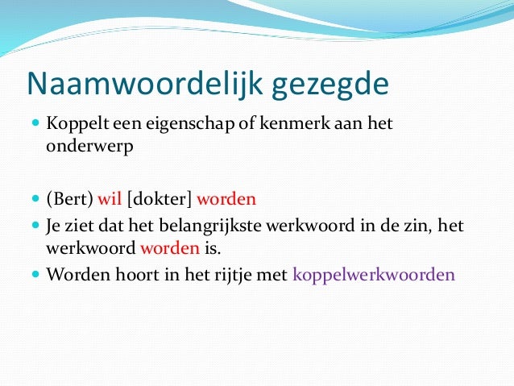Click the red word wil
[110, 199]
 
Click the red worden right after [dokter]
[226, 199]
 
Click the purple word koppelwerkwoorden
[374, 274]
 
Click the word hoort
[127, 273]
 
